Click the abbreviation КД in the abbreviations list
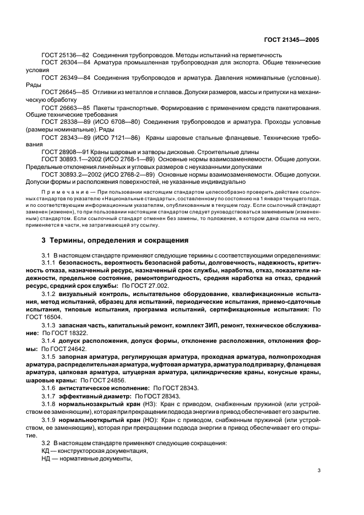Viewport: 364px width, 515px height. coord(46,450)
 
